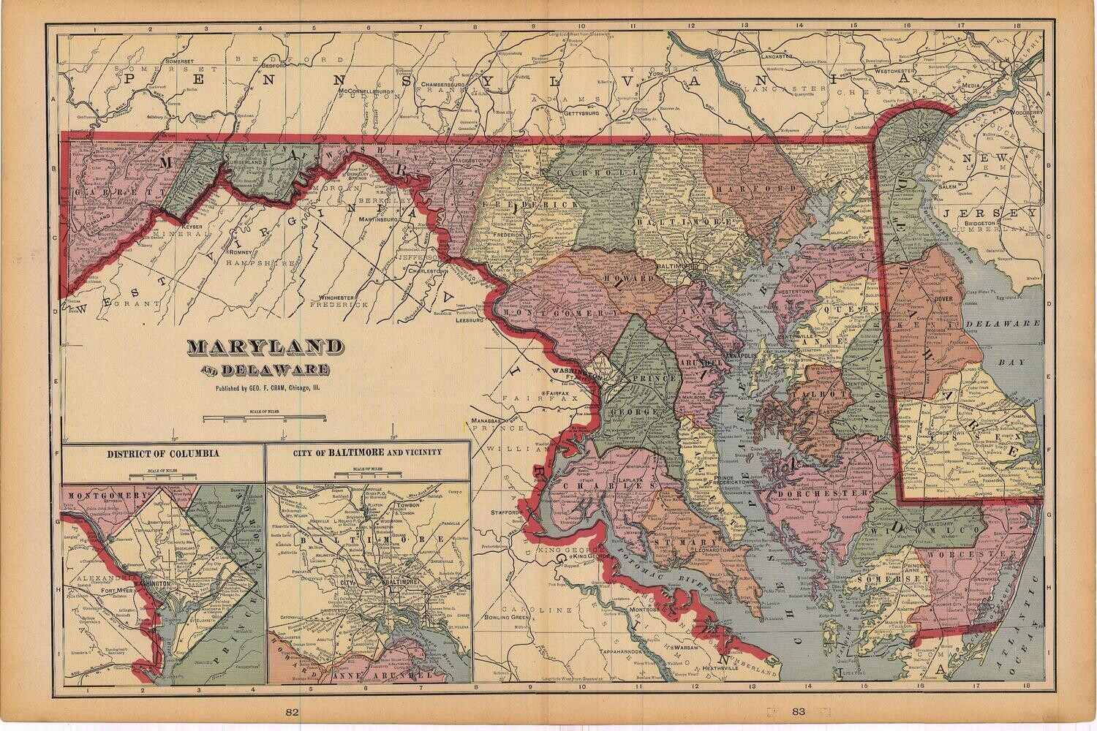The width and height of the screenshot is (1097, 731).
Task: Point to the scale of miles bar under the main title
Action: click(264, 419)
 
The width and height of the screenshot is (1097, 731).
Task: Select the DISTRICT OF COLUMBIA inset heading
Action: click(162, 453)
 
